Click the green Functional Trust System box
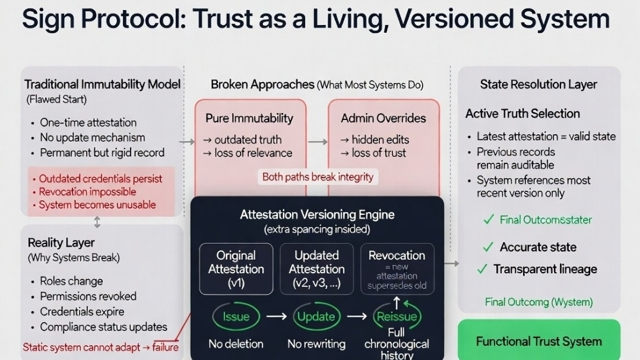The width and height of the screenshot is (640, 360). pos(538,341)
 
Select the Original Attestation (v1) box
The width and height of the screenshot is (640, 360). pos(236,269)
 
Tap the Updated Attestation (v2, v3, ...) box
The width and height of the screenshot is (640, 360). pos(316,269)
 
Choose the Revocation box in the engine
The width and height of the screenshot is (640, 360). pos(397,269)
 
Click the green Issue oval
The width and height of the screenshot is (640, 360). pos(236,316)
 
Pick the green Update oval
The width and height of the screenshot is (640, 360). pos(316,316)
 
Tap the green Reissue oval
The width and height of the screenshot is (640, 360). pos(397,316)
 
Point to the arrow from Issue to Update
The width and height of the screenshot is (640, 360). pos(276,316)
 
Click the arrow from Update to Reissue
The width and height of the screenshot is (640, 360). pos(356,316)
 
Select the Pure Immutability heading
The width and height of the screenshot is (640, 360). pos(249,118)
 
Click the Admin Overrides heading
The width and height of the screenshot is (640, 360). pos(383,118)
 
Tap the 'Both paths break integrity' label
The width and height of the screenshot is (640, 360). pos(318,176)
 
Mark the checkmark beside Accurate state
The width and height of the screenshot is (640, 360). pos(488,247)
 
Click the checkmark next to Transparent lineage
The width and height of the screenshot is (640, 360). pos(483,269)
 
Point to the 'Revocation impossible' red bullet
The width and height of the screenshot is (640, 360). pos(87,191)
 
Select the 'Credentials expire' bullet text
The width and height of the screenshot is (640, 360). pos(82,311)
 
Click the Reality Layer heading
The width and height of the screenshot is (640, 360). pos(61,242)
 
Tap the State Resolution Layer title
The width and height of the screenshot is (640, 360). pos(538,84)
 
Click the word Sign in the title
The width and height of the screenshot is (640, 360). pos(49,18)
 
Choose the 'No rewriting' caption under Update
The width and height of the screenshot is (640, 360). pos(316,343)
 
